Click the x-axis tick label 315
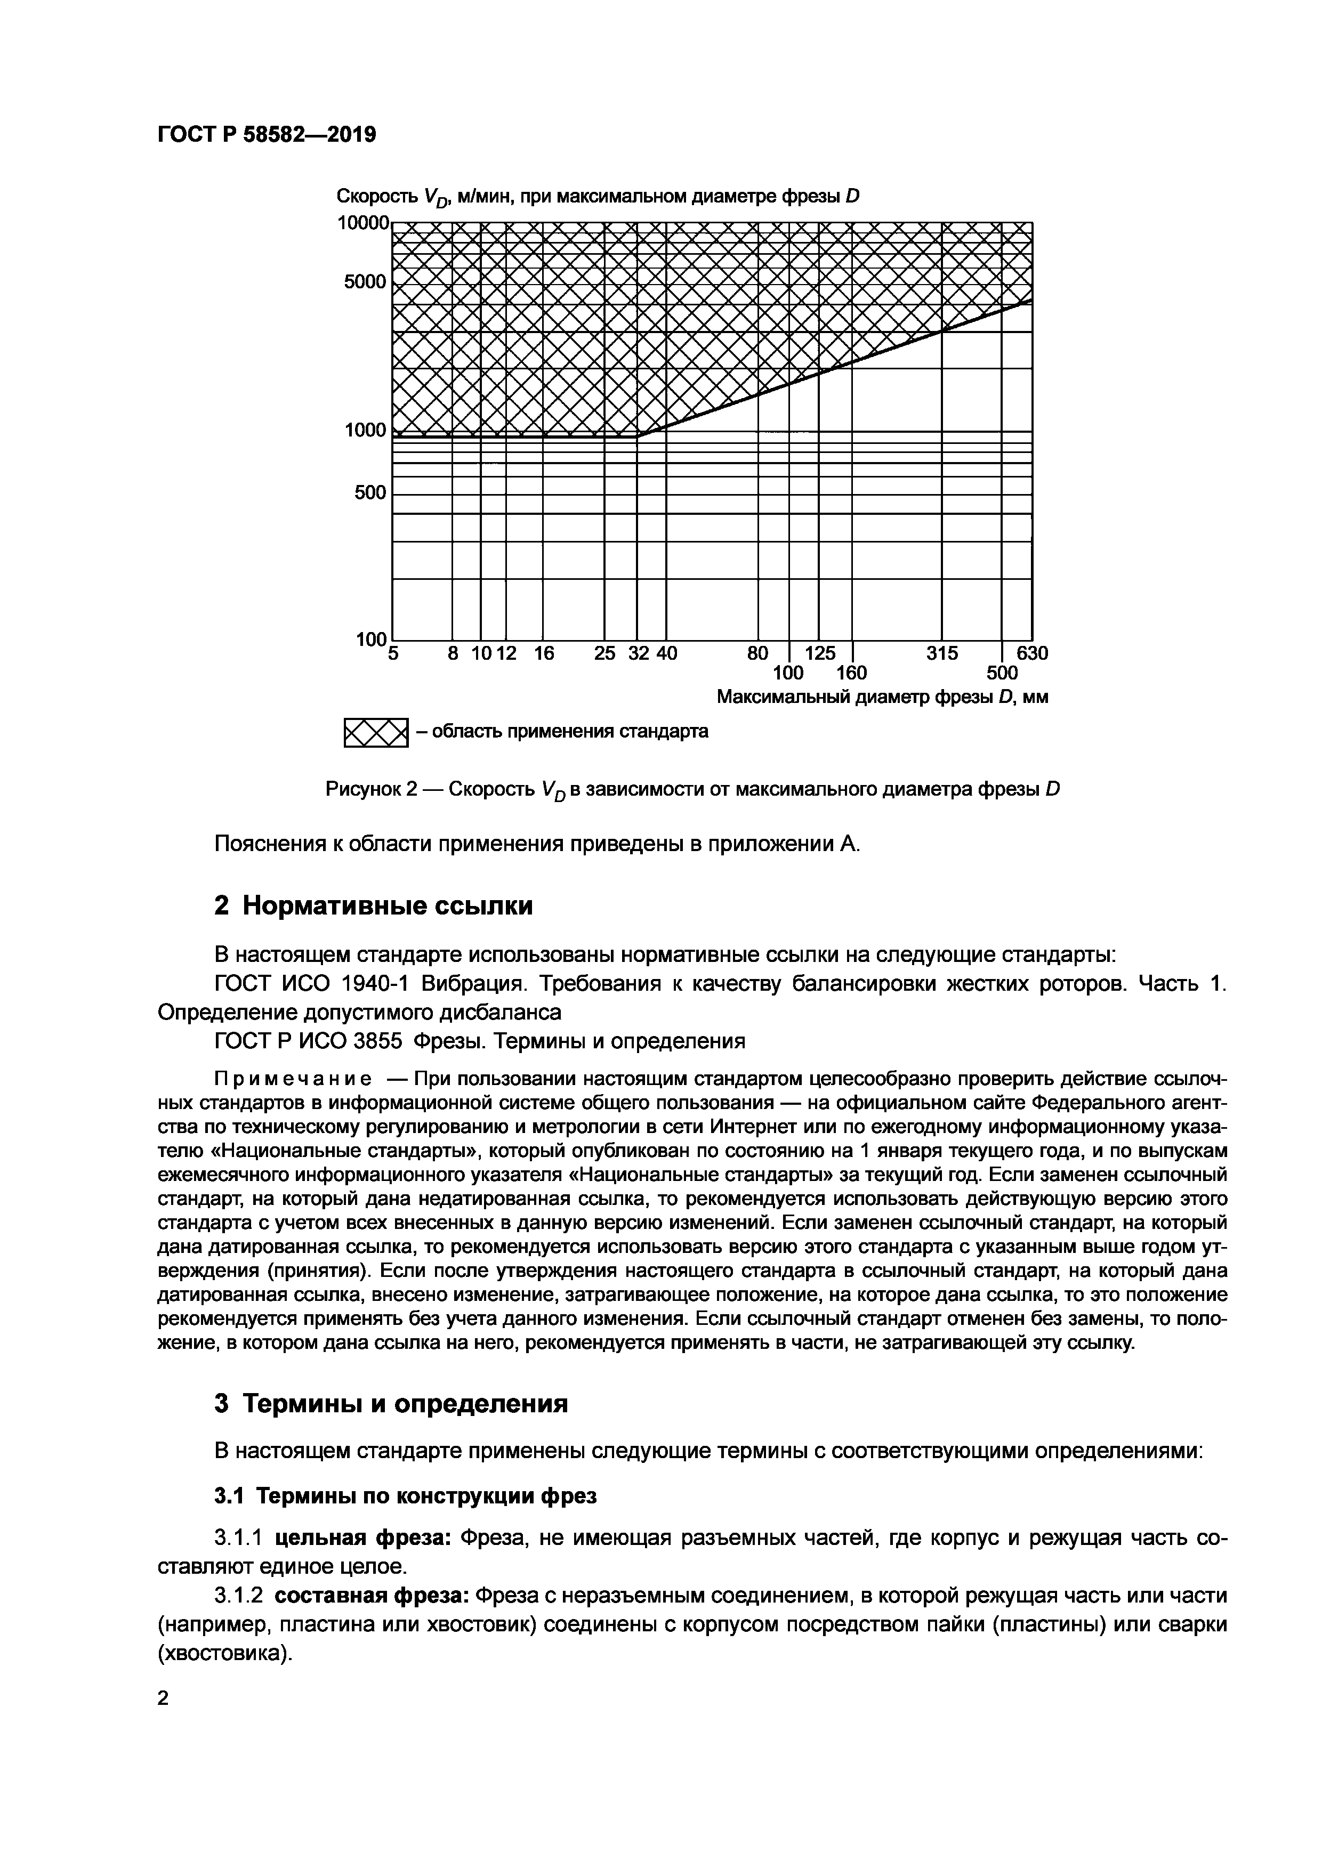942,653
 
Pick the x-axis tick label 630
1032,653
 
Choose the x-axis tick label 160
851,673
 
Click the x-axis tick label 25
604,653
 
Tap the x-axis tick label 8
454,653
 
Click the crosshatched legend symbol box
375,733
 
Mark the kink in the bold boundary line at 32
638,436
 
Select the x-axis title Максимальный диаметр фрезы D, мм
882,698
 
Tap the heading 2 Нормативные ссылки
373,905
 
